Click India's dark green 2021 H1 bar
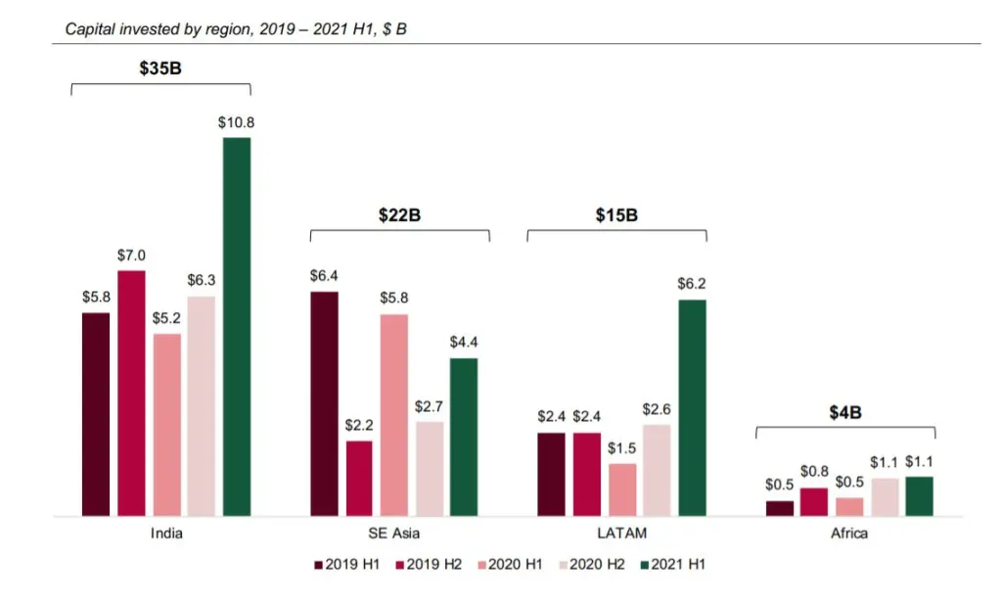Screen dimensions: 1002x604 click(x=237, y=327)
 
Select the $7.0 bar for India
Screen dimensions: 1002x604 click(x=131, y=394)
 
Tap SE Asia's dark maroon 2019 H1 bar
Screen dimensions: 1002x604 click(x=325, y=404)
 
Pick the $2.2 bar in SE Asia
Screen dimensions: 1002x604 click(x=359, y=478)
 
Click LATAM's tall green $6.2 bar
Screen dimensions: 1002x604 click(x=692, y=408)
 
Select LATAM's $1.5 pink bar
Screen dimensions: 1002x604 click(x=622, y=489)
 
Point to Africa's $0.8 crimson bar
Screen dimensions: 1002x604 click(x=814, y=502)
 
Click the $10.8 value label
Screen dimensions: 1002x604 click(x=237, y=122)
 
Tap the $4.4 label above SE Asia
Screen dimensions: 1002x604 click(x=463, y=342)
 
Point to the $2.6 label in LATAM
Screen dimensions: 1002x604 click(x=657, y=409)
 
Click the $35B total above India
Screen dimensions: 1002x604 click(x=160, y=69)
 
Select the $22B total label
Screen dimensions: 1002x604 click(x=399, y=214)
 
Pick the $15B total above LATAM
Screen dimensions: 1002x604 click(x=616, y=214)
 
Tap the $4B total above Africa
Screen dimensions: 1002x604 click(x=845, y=412)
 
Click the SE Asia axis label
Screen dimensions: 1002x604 click(x=393, y=534)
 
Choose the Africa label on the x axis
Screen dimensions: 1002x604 click(x=849, y=534)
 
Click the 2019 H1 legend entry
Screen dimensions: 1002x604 click(x=347, y=565)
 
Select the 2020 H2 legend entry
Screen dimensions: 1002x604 click(x=592, y=565)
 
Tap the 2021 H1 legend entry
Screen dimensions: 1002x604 click(x=673, y=565)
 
